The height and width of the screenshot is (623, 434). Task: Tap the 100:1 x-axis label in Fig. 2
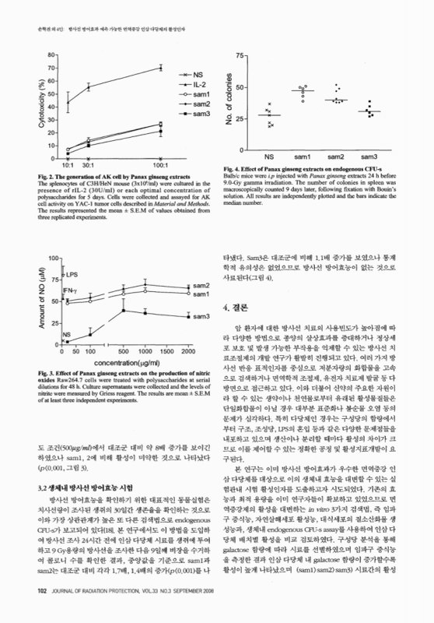[161, 165]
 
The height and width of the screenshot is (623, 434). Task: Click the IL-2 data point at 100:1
[160, 68]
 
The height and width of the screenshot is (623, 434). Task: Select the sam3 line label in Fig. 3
[201, 316]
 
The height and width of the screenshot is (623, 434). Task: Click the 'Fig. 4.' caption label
[234, 169]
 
